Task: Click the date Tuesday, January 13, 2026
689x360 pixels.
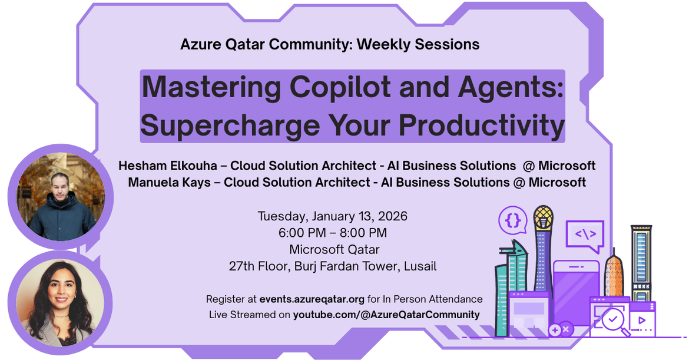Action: (332, 216)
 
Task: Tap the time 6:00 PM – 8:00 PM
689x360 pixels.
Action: (332, 233)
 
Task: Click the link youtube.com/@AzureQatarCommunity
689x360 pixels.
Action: (386, 315)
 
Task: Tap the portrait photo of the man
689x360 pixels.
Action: (56, 197)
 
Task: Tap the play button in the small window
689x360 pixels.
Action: (641, 322)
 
